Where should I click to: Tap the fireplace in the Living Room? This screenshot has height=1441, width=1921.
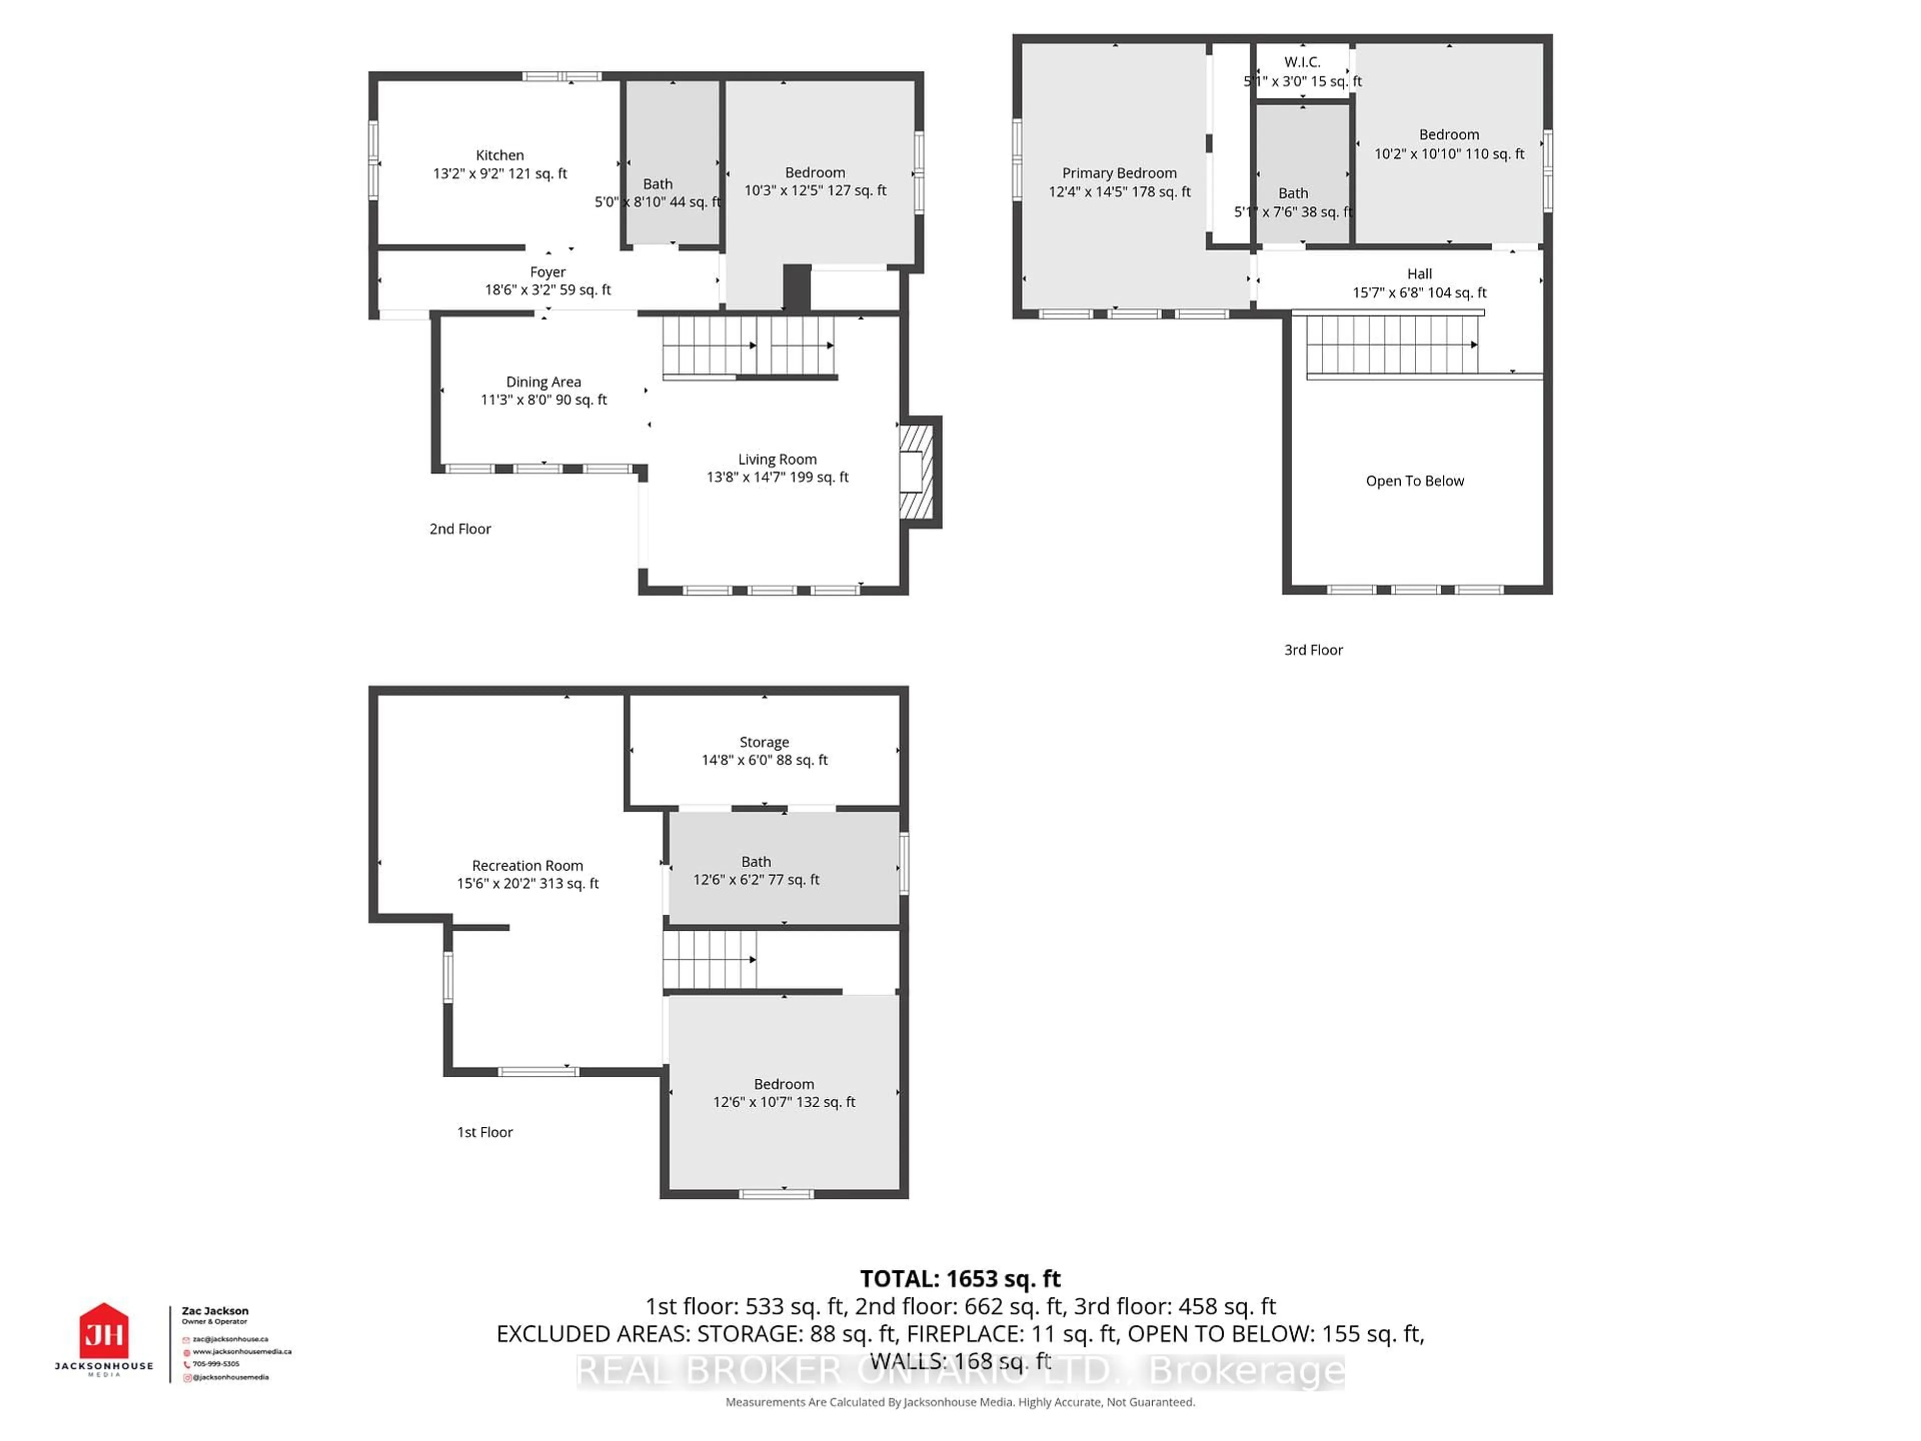tap(915, 472)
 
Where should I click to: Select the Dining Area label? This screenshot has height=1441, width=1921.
tap(544, 382)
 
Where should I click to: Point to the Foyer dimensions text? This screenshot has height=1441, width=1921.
tap(547, 290)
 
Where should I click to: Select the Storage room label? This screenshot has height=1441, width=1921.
tap(764, 743)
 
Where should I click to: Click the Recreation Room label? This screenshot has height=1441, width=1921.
tap(527, 866)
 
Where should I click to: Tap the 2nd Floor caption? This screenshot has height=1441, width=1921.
tap(460, 529)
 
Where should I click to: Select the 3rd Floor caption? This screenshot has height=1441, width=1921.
tap(1313, 650)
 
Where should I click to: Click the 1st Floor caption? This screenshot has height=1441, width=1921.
tap(485, 1132)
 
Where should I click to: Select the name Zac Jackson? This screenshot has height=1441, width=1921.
tap(215, 1311)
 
